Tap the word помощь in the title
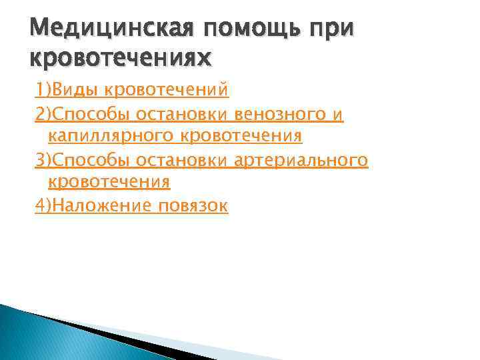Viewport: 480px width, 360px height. tap(233, 30)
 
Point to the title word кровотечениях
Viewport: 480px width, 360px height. tap(121, 58)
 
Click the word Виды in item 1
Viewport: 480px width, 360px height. tap(74, 89)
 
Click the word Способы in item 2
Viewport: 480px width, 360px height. tap(92, 115)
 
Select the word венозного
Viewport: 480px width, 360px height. tap(275, 115)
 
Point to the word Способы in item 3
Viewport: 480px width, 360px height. tap(92, 161)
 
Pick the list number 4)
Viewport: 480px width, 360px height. tap(43, 207)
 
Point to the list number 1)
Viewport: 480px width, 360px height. tap(43, 89)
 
